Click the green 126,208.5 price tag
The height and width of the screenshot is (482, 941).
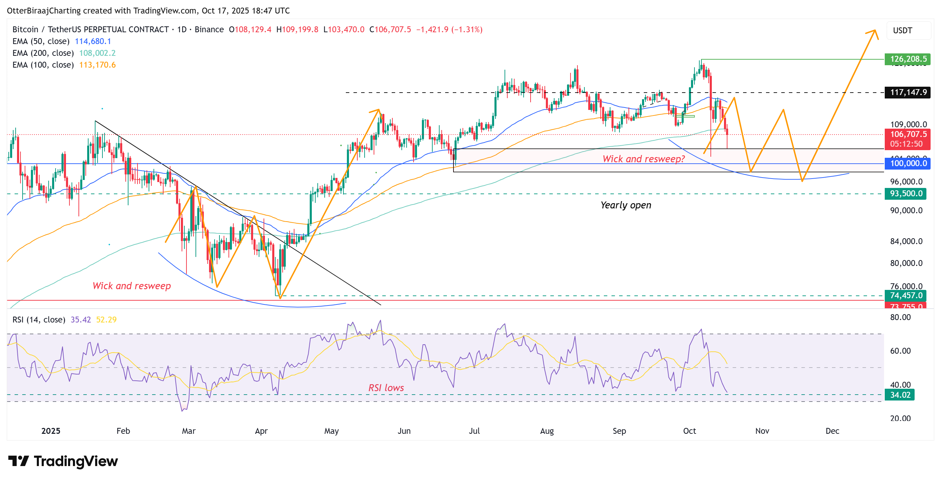coord(907,59)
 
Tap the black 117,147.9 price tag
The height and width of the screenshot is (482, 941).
coord(907,92)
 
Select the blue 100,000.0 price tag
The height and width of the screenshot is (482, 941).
coord(907,163)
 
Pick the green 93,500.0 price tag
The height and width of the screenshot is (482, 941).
coord(906,193)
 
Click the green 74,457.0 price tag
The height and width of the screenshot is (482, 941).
coord(906,295)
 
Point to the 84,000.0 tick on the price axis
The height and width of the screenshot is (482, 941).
coord(906,241)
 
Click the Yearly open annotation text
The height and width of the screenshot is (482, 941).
coord(626,205)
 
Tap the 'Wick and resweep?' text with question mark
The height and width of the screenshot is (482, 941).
coord(643,159)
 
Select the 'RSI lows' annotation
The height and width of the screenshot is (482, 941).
coord(386,388)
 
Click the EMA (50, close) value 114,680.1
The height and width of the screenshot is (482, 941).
coord(93,41)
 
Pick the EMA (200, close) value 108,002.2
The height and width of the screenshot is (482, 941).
coord(97,53)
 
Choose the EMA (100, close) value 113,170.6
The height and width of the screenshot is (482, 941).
coord(97,64)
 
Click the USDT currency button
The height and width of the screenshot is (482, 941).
coord(903,31)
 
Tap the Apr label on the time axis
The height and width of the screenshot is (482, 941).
coord(261,431)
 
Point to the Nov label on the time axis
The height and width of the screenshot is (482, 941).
coord(762,431)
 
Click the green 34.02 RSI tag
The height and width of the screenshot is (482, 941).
coord(900,395)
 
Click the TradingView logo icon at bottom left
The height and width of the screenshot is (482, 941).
coord(18,461)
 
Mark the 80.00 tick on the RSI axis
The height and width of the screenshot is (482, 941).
coord(900,317)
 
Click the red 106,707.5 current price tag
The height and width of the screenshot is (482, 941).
coord(907,134)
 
